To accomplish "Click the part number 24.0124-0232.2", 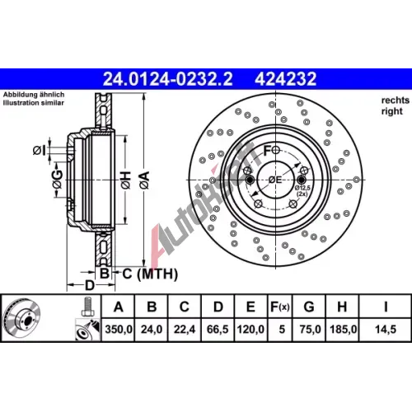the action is coord(167,79).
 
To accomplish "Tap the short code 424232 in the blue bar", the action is coord(286,79).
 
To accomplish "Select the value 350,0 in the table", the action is coord(119,329).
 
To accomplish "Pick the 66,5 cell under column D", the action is coord(218,329).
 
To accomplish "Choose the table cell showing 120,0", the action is coord(250,329).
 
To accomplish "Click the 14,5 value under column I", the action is coord(386,329).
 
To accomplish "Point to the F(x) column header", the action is coord(280,307).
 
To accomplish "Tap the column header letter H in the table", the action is coord(342,307).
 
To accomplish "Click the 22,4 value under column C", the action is coord(185,329).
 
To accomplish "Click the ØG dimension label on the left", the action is coord(58,180).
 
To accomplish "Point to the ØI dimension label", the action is coord(39,150).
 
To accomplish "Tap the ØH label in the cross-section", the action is coord(126,180).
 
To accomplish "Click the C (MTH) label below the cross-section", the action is coord(150,274).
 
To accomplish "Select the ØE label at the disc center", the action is coord(275,180).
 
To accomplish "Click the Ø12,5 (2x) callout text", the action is coord(302,191).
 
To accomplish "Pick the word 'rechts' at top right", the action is coord(396,101).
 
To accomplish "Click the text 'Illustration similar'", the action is coord(34,103).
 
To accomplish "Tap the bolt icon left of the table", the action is coord(88,307).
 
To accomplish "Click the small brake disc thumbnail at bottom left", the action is coord(22,318).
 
